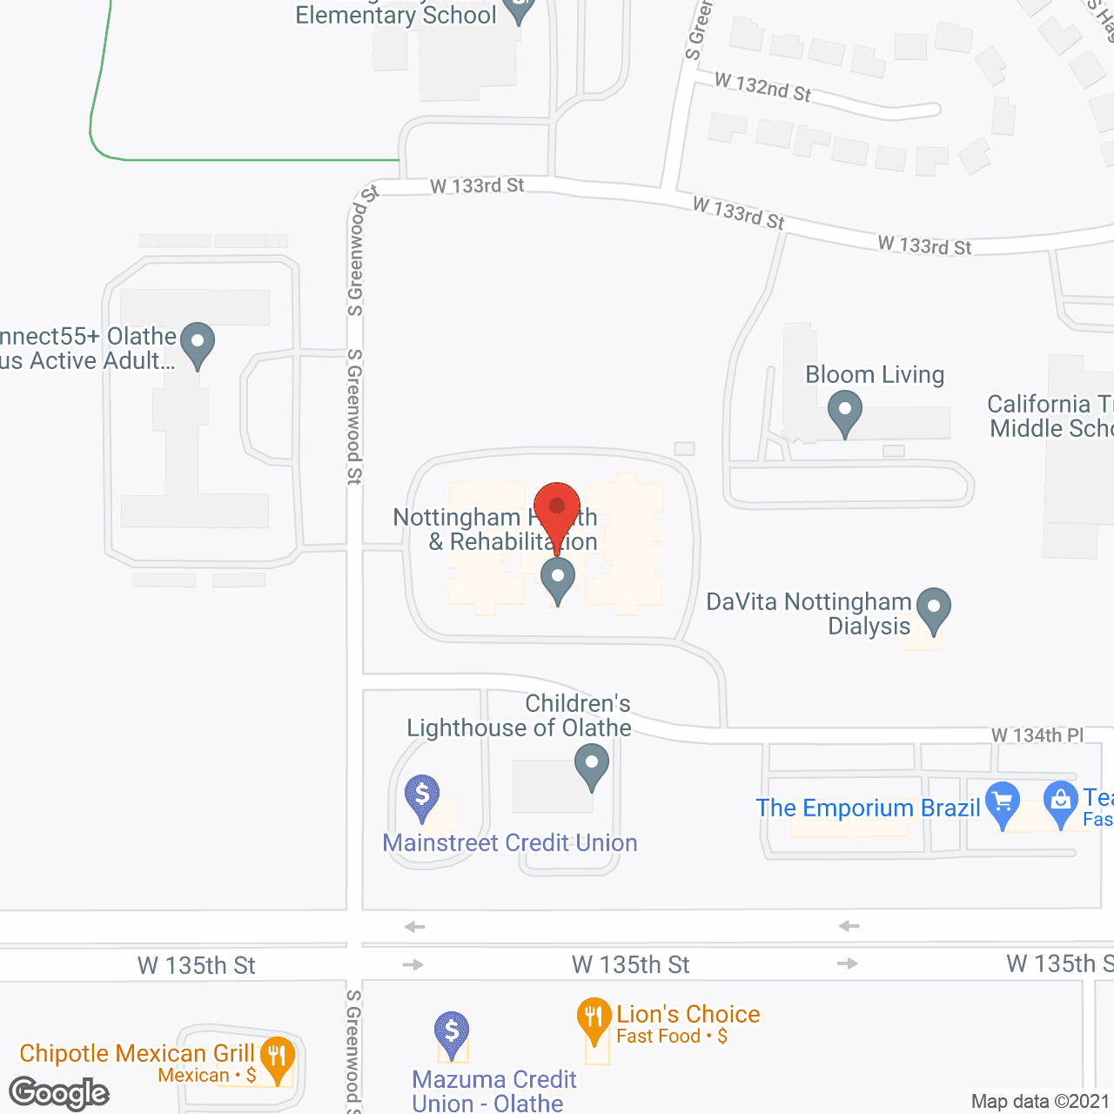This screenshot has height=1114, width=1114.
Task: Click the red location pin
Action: click(557, 510)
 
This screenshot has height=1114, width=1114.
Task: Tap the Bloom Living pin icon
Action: click(844, 412)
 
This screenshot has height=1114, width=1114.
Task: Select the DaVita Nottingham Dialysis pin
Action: click(934, 608)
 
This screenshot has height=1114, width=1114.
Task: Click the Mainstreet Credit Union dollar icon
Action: click(422, 795)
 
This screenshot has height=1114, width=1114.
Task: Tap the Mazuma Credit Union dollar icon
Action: click(452, 1032)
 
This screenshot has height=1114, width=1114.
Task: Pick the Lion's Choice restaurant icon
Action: click(594, 1018)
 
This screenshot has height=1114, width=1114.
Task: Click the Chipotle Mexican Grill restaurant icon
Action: click(278, 1057)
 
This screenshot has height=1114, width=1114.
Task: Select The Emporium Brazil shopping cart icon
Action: click(1003, 802)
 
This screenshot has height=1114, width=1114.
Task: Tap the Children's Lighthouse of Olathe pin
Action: click(592, 766)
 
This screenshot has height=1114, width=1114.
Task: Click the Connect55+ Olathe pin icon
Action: click(198, 343)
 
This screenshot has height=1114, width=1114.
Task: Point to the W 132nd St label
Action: click(763, 87)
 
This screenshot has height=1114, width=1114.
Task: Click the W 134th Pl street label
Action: click(1037, 735)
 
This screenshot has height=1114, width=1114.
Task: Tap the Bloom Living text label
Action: click(875, 374)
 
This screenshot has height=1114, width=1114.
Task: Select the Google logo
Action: click(59, 1093)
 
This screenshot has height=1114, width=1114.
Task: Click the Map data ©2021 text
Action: click(1041, 1102)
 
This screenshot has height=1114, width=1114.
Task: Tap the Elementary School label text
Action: click(396, 16)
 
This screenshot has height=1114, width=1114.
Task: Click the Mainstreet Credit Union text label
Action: click(510, 842)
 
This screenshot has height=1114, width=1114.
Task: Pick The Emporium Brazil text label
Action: click(868, 808)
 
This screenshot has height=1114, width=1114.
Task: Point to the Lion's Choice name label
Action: click(688, 1014)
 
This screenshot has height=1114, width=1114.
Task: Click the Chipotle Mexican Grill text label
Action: click(137, 1053)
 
